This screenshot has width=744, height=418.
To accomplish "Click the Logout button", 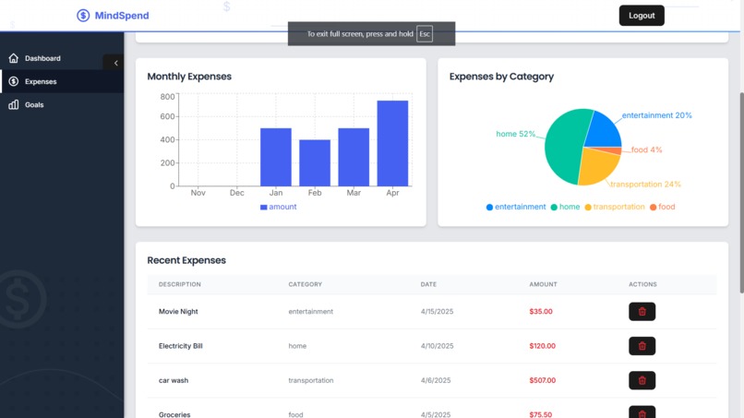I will [642, 16].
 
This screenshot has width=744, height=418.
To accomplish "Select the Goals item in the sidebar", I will [34, 105].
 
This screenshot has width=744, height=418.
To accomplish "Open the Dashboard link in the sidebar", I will [42, 58].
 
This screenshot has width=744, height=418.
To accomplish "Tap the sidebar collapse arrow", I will [115, 63].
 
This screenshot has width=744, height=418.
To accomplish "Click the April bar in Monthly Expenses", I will [392, 143].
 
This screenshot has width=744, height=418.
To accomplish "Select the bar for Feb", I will [315, 163].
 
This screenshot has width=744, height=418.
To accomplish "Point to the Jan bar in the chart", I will [276, 157].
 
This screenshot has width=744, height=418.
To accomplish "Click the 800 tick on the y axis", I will [167, 97].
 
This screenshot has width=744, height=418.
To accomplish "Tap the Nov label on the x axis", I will [198, 194].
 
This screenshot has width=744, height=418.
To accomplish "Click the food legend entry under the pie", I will [662, 207].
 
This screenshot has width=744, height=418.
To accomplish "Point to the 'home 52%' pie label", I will [515, 135].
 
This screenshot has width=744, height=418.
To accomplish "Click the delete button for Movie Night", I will [642, 312].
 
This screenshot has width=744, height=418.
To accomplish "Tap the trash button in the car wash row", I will [642, 380].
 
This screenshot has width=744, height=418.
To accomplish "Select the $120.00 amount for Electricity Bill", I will [542, 346].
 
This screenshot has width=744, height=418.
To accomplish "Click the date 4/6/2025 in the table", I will [437, 380].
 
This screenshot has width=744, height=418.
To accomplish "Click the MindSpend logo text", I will [121, 16].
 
